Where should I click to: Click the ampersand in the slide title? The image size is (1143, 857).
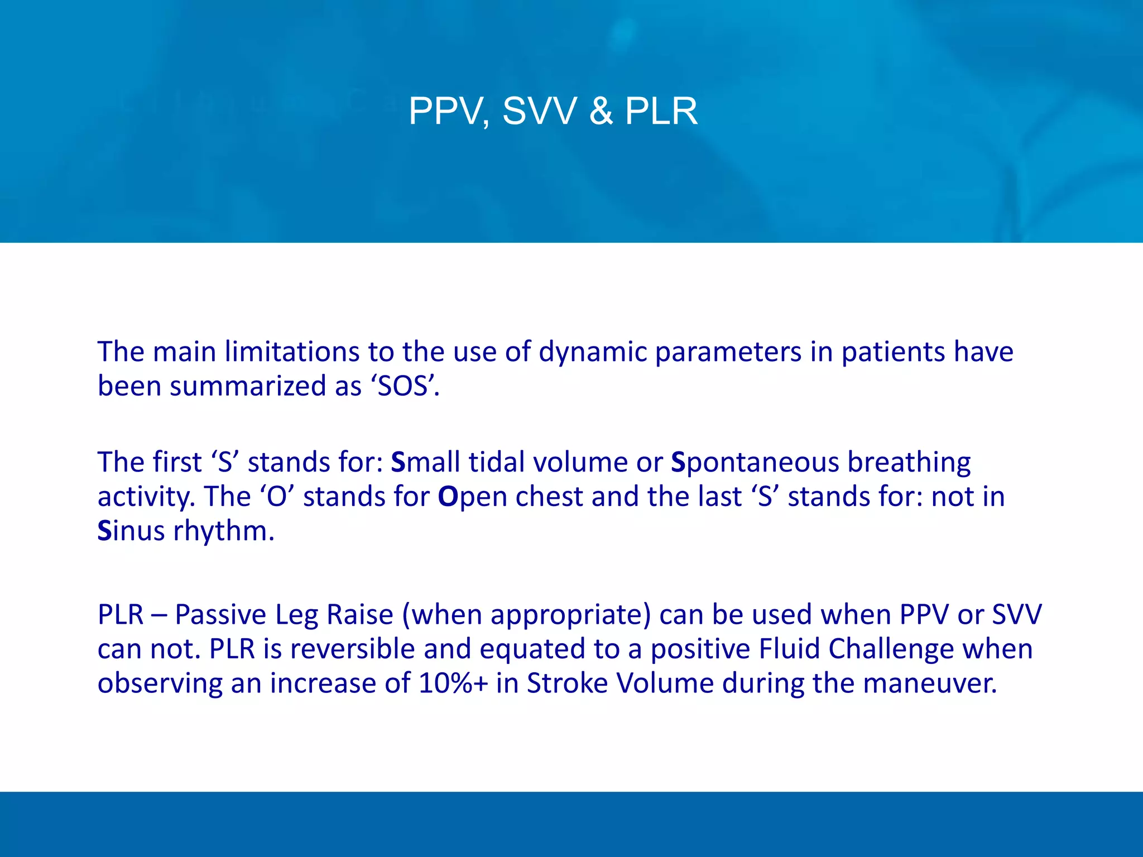coord(601,111)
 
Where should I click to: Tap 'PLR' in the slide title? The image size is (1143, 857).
coord(661,111)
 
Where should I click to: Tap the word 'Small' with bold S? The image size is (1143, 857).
coord(425,462)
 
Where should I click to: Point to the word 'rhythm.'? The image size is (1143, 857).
coord(224,531)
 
